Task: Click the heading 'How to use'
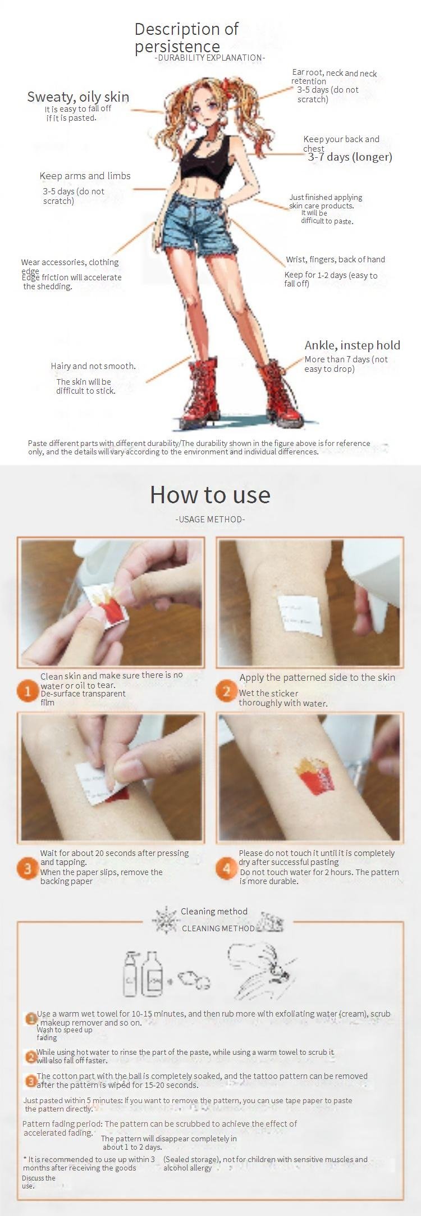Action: pyautogui.click(x=210, y=495)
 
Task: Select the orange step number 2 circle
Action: pyautogui.click(x=226, y=691)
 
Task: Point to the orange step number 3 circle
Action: pyautogui.click(x=28, y=869)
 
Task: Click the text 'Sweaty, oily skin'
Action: pyautogui.click(x=78, y=97)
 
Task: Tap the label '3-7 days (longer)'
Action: pyautogui.click(x=350, y=157)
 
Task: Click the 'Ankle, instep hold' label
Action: pyautogui.click(x=353, y=345)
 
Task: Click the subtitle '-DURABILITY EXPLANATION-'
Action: pyautogui.click(x=210, y=58)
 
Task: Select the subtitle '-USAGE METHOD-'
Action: pyautogui.click(x=210, y=520)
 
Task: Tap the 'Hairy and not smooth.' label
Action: pyautogui.click(x=93, y=366)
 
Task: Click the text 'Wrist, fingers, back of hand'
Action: pyautogui.click(x=335, y=259)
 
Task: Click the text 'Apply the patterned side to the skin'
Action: pyautogui.click(x=317, y=677)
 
